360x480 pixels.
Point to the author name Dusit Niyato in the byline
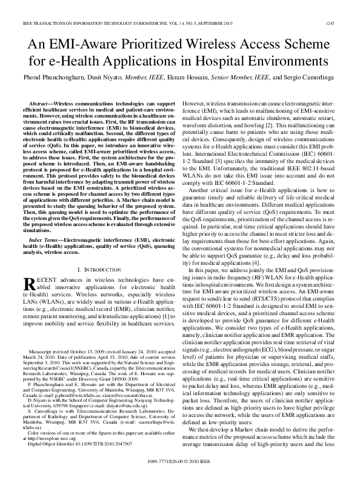click(110, 78)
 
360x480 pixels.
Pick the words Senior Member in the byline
click(231, 78)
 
